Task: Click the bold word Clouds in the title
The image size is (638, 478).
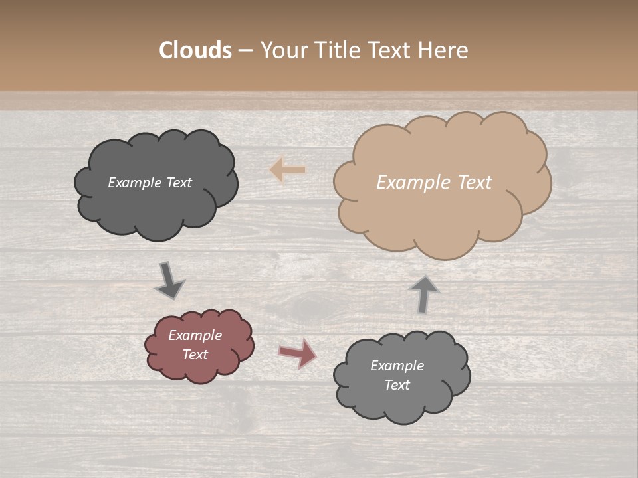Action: click(195, 50)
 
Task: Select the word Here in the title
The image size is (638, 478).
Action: click(445, 50)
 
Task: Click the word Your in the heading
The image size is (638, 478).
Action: click(284, 50)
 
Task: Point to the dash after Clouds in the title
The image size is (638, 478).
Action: click(245, 51)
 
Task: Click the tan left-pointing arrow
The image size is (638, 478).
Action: click(288, 170)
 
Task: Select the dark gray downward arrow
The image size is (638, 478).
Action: click(169, 281)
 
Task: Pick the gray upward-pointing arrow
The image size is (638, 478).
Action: click(424, 294)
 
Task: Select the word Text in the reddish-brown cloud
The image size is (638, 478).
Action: click(195, 355)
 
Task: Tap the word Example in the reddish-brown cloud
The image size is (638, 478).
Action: click(195, 335)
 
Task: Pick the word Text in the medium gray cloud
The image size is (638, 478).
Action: click(397, 385)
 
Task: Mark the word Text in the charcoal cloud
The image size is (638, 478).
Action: click(179, 183)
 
